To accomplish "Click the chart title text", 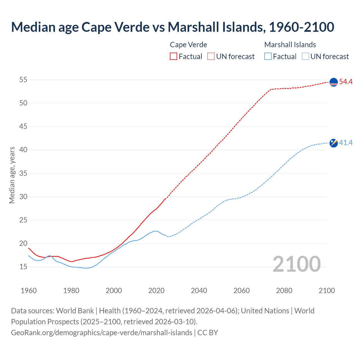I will (172, 27).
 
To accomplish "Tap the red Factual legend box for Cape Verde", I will (174, 57).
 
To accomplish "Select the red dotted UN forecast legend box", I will (211, 57).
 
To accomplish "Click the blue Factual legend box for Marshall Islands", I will (268, 57).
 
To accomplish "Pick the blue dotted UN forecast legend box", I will (305, 57).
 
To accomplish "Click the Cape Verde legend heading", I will (188, 45).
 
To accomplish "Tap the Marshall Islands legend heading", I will (290, 45).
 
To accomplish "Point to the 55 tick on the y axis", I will (23, 80).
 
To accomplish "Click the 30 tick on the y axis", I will (23, 197).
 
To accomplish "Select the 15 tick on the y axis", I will (23, 267).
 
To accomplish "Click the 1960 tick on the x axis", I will (29, 291).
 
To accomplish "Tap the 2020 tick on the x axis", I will (156, 291).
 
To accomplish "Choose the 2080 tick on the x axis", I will (284, 291).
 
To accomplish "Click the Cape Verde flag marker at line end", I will (334, 82).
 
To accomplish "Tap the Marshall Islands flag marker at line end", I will (334, 143).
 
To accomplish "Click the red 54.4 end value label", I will (346, 82).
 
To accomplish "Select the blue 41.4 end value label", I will (346, 143).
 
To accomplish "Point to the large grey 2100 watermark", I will (296, 264).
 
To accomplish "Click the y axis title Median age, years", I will (12, 175).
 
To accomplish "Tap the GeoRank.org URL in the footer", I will (102, 332).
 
